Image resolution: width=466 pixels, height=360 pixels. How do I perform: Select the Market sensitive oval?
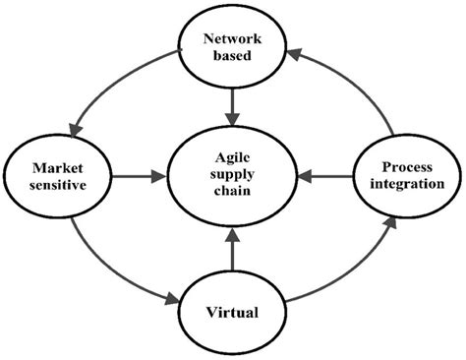[x=56, y=177]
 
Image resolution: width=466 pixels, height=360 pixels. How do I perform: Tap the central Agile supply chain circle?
[x=233, y=178]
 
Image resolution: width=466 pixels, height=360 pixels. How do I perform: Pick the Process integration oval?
[x=406, y=176]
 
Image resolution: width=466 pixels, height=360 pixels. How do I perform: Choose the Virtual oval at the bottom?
[x=233, y=313]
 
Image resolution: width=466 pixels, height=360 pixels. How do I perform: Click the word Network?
[x=233, y=38]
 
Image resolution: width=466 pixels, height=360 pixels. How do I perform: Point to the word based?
[x=233, y=56]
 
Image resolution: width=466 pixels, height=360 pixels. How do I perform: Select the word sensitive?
[x=56, y=186]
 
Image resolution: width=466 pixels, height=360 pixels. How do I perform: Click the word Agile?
[x=233, y=158]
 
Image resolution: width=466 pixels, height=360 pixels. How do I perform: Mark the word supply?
[x=233, y=176]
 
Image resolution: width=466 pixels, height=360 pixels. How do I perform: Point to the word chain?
[x=233, y=194]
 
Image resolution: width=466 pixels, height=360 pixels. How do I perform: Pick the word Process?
[x=406, y=167]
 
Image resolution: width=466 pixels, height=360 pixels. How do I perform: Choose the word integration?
[x=406, y=185]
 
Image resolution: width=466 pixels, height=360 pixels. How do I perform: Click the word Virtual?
[x=233, y=313]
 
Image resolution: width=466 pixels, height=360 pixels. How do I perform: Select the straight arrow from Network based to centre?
[x=233, y=102]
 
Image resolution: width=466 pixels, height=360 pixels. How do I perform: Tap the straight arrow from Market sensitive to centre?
[x=137, y=178]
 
